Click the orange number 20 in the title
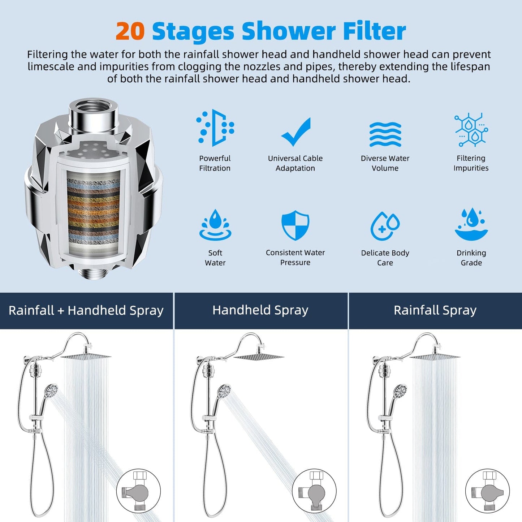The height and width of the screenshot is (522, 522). (130, 31)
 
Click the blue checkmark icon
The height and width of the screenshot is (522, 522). (296, 131)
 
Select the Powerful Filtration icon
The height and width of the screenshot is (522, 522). (215, 128)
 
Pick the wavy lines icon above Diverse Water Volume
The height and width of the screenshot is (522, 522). (385, 134)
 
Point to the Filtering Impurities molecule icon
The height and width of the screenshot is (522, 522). (471, 130)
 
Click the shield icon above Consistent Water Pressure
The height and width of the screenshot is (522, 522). (295, 225)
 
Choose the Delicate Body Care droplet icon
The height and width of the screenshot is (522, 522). (385, 226)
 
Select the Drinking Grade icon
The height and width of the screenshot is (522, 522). (471, 224)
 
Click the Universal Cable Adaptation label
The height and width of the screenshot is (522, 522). (295, 163)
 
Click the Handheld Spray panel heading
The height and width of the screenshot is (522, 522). (260, 310)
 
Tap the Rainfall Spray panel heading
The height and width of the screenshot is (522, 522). (435, 310)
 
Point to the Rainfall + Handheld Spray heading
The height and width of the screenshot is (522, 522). (86, 310)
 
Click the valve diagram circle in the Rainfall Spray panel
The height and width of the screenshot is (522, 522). (487, 491)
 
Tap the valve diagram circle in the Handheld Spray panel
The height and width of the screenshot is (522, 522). (314, 491)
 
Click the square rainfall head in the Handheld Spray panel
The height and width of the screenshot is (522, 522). (259, 357)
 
